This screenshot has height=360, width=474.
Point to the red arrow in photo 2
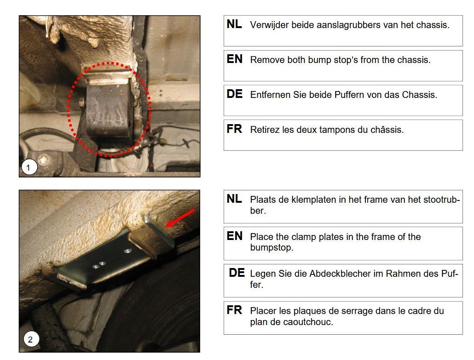pyautogui.click(x=180, y=218)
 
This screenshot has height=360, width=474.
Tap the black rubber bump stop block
pyautogui.click(x=109, y=113)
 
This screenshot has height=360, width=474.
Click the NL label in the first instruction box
pyautogui.click(x=234, y=24)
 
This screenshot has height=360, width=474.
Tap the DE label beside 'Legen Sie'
pyautogui.click(x=237, y=273)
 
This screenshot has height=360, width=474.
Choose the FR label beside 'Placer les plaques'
pyautogui.click(x=234, y=310)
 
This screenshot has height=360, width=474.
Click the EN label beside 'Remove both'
pyautogui.click(x=235, y=59)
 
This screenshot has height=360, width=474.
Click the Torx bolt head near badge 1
pyautogui.click(x=45, y=160)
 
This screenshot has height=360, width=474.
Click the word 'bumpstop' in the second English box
pyautogui.click(x=272, y=248)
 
